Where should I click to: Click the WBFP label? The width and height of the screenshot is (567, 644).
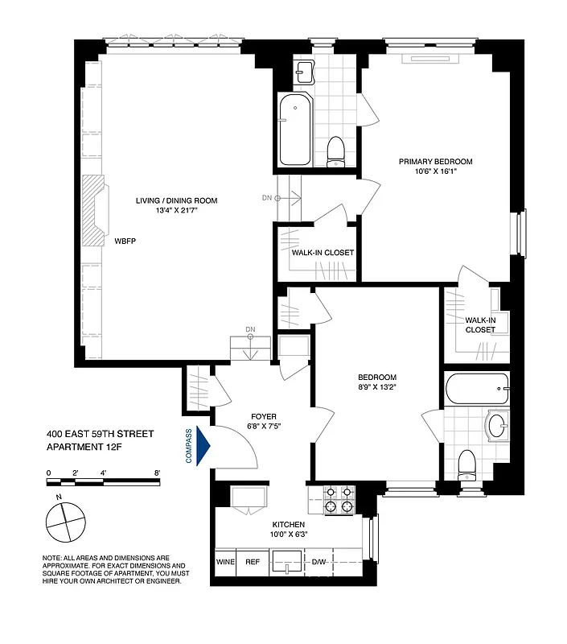(x=125, y=240)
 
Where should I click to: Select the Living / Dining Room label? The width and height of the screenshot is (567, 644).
(x=176, y=200)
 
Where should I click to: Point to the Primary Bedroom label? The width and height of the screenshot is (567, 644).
(x=436, y=162)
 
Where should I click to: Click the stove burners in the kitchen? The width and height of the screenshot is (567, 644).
(x=339, y=500)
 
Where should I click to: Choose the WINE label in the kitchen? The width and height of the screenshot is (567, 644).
(x=224, y=562)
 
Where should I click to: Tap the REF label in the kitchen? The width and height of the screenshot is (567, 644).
(x=253, y=562)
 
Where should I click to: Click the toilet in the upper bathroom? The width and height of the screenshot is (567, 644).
(x=337, y=150)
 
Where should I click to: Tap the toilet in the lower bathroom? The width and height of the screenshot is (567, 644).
(x=466, y=464)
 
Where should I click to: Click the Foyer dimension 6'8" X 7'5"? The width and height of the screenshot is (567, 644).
(x=264, y=427)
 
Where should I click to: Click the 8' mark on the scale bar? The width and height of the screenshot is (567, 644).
(x=158, y=473)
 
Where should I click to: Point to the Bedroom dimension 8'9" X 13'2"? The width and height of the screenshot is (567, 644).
(x=377, y=387)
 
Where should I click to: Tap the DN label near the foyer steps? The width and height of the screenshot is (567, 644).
(x=250, y=329)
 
